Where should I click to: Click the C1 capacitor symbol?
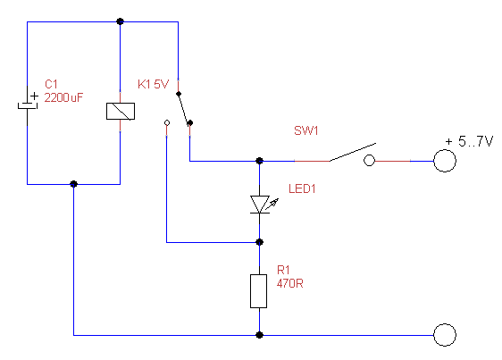tap(28, 105)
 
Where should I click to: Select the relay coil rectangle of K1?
tap(121, 111)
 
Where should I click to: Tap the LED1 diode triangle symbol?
tap(260, 205)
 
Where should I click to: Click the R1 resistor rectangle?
tap(259, 291)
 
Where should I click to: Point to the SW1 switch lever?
tap(353, 152)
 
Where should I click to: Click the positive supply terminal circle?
tap(445, 161)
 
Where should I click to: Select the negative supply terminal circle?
tap(445, 335)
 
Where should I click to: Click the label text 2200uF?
tap(63, 97)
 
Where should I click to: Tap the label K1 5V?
tap(153, 84)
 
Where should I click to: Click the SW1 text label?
tap(306, 130)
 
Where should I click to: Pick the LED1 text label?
tap(302, 188)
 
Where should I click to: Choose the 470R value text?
tap(290, 283)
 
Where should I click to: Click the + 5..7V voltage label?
tap(469, 141)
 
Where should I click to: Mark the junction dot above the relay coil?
tap(120, 21)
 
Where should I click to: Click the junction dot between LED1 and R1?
tap(260, 242)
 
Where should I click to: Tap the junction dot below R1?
tap(260, 335)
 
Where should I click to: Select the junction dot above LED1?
tap(260, 161)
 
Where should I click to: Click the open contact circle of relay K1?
tap(167, 122)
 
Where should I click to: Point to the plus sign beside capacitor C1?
tap(34, 96)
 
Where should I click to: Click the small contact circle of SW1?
tap(370, 161)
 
